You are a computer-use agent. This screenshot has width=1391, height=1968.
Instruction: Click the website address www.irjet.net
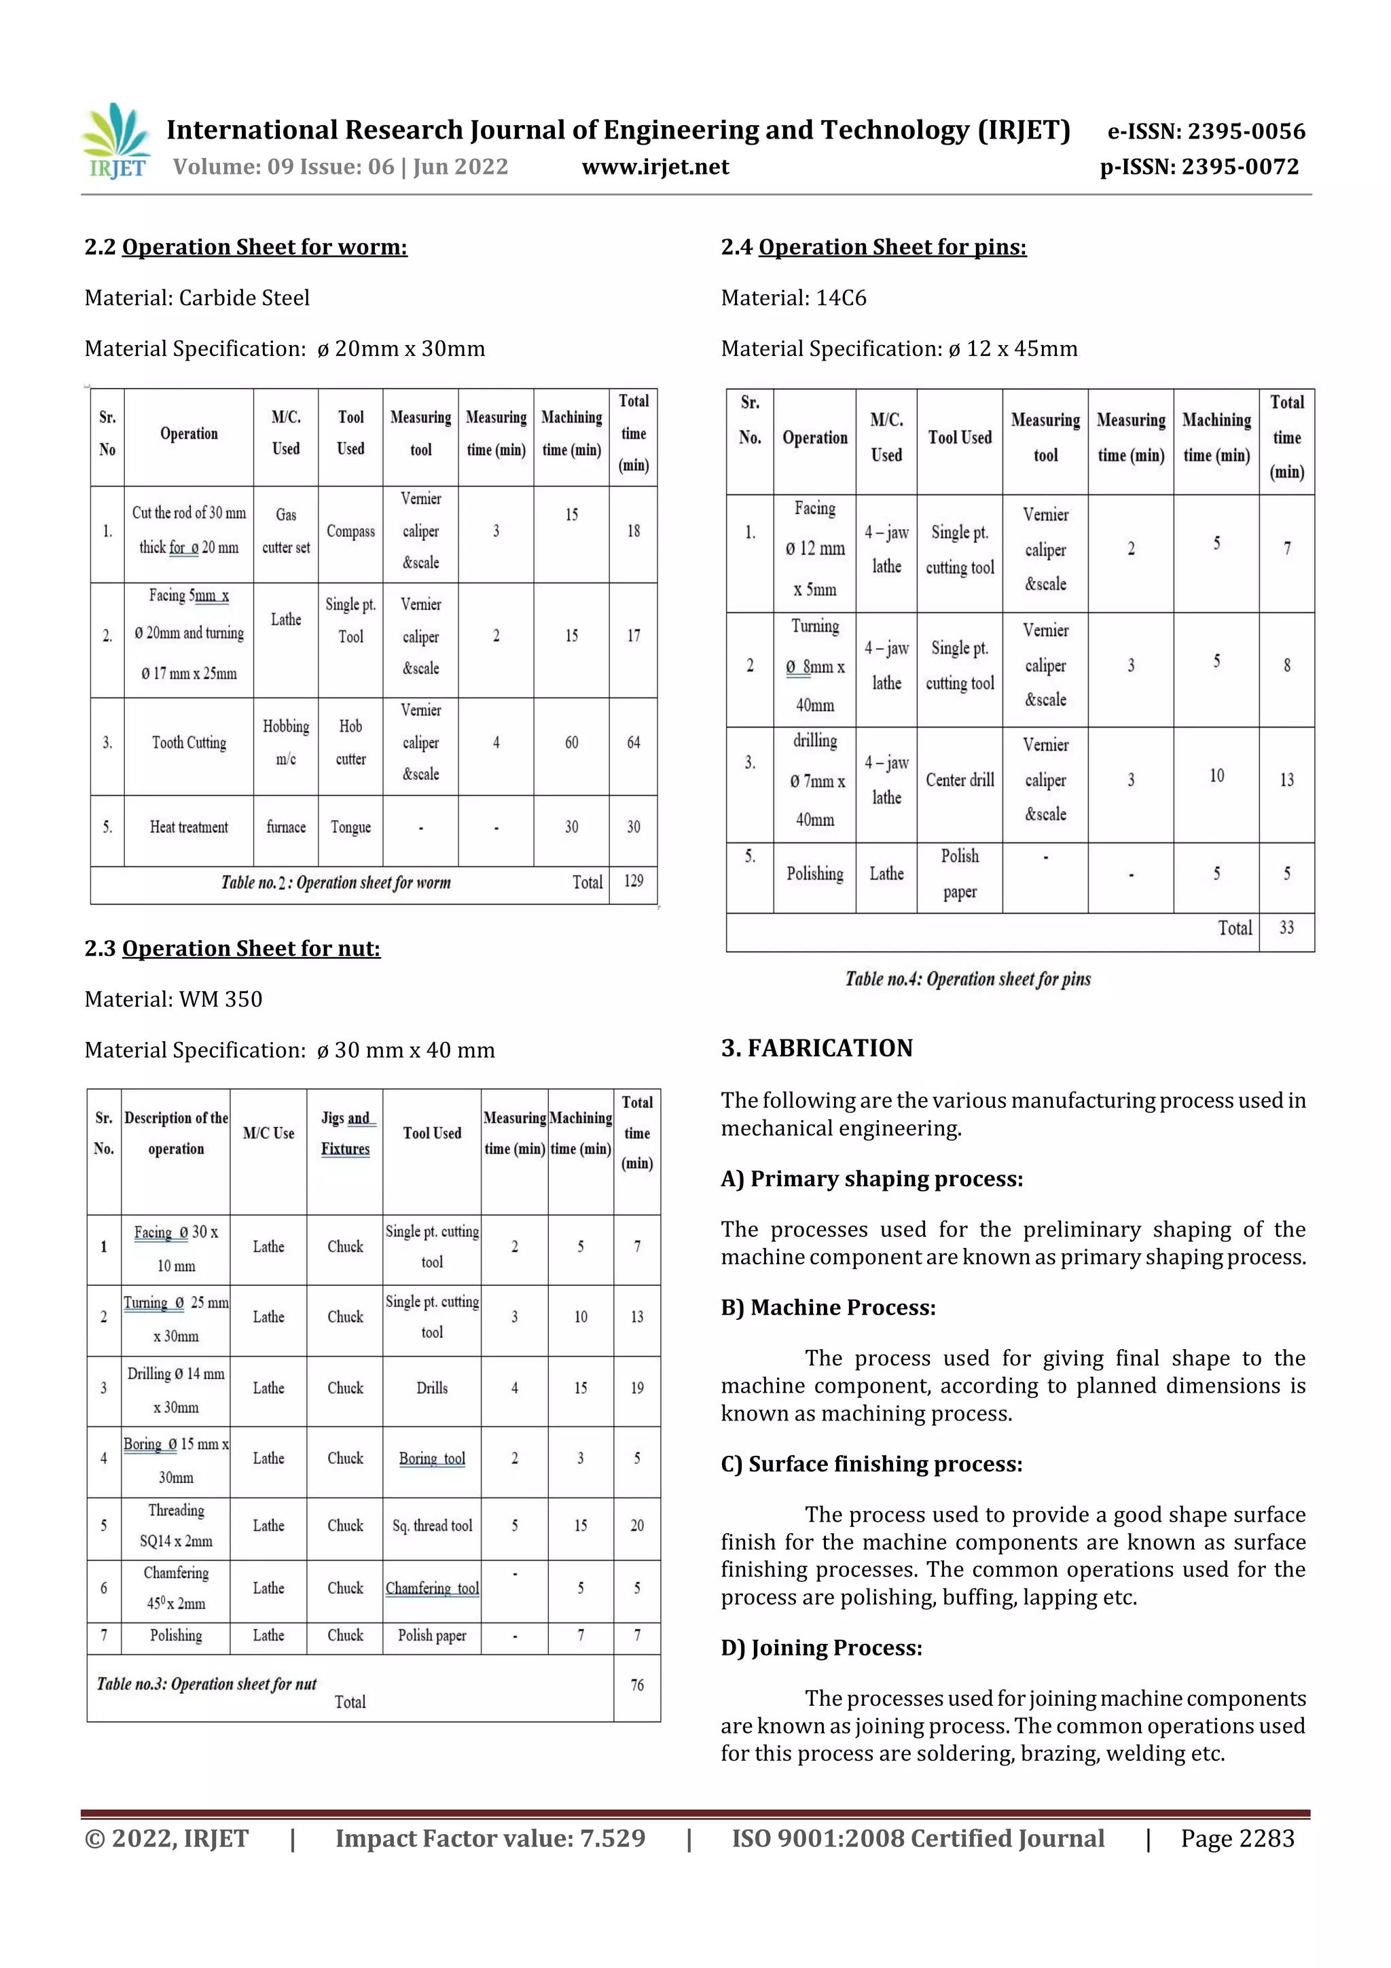pos(655,167)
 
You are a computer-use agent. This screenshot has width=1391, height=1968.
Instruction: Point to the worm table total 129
pos(634,881)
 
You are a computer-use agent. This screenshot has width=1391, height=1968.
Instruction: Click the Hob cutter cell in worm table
pos(350,743)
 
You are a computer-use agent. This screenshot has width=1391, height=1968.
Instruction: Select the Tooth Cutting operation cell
pos(189,743)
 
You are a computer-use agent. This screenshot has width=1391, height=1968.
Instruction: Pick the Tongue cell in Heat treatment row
pos(350,827)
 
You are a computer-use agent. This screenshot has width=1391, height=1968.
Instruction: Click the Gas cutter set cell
pos(285,531)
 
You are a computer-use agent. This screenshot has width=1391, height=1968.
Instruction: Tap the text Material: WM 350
pos(173,999)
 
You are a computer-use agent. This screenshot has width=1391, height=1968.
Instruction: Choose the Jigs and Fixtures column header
pos(346,1133)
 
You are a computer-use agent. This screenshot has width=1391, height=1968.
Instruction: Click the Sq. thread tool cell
pos(432,1526)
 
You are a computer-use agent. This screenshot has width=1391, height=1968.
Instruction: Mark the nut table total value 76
pos(637,1685)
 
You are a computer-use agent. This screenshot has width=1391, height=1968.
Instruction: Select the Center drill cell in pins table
pos(959,780)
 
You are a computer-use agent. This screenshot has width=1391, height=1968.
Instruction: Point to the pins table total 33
pos(1286,927)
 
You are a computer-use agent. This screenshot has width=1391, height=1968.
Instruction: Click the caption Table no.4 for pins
pos(968,979)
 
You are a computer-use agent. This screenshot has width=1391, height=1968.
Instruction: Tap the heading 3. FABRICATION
pos(817,1048)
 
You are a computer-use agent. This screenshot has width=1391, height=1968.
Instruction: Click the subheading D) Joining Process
pos(821,1647)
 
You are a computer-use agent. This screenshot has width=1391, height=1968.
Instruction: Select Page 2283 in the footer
pos(1237,1838)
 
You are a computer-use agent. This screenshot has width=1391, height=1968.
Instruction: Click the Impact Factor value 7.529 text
pos(490,1838)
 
